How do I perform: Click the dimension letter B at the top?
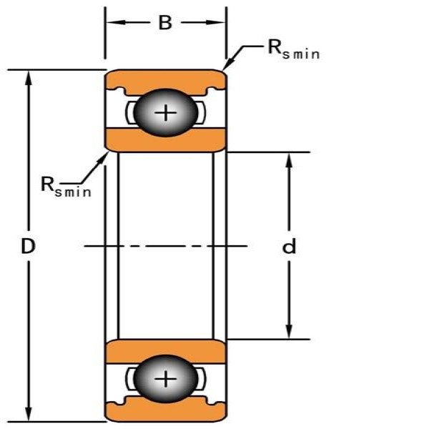tap(165, 23)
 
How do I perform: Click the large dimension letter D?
tap(28, 245)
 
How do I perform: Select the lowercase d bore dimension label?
tap(289, 245)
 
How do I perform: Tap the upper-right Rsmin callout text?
tap(294, 49)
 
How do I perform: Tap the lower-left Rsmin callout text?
tap(66, 187)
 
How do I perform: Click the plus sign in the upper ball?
tap(166, 113)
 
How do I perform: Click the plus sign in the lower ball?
tap(166, 379)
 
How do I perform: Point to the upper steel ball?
tap(166, 112)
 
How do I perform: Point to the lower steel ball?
tap(166, 379)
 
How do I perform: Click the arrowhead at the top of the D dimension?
tap(28, 78)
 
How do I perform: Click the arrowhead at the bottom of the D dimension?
tap(28, 413)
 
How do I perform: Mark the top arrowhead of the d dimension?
tap(289, 161)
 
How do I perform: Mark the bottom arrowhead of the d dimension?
tap(289, 331)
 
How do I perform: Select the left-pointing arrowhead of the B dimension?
tap(115, 22)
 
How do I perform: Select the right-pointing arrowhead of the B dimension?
tap(216, 22)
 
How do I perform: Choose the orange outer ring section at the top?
tap(166, 80)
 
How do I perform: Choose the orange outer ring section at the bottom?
tap(166, 411)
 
